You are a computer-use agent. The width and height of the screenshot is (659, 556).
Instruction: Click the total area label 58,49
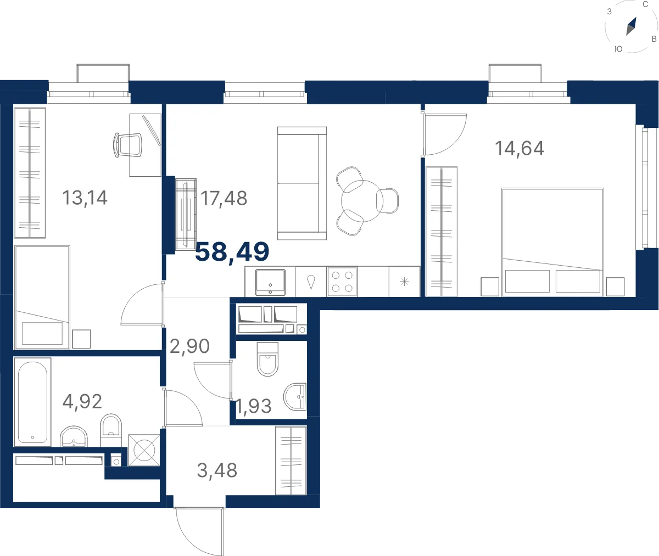(232, 252)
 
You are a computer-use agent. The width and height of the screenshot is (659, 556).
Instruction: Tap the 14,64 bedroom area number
(520, 148)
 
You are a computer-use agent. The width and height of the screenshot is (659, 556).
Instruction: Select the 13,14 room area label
(85, 198)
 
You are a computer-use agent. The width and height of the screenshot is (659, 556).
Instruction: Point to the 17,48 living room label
(224, 199)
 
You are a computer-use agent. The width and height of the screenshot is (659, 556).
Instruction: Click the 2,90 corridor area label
(189, 346)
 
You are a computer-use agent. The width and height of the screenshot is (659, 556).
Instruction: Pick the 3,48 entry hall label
(217, 470)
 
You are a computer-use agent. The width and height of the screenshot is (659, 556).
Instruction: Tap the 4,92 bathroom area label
(82, 401)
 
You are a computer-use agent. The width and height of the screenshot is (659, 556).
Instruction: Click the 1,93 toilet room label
(254, 406)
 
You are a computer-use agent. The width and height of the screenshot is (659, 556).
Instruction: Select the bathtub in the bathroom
(32, 402)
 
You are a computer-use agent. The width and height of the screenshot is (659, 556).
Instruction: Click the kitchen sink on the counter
(271, 282)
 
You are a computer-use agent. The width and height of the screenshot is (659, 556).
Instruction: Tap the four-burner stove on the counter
(342, 282)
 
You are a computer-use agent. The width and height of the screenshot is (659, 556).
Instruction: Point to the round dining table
(362, 201)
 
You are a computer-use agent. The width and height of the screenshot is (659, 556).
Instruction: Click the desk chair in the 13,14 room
(128, 145)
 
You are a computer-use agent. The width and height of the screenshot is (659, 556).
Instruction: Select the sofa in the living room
(302, 183)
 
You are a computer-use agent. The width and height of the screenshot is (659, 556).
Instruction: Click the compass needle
(631, 26)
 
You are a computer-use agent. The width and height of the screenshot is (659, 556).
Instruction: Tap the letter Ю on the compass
(618, 49)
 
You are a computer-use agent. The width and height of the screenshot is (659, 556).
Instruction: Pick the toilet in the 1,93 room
(267, 359)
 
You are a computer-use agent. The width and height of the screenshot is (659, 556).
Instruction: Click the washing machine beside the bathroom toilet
(144, 450)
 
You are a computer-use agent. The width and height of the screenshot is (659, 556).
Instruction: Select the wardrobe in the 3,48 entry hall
(291, 460)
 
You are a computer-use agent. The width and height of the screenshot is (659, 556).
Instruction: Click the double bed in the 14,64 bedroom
(552, 242)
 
